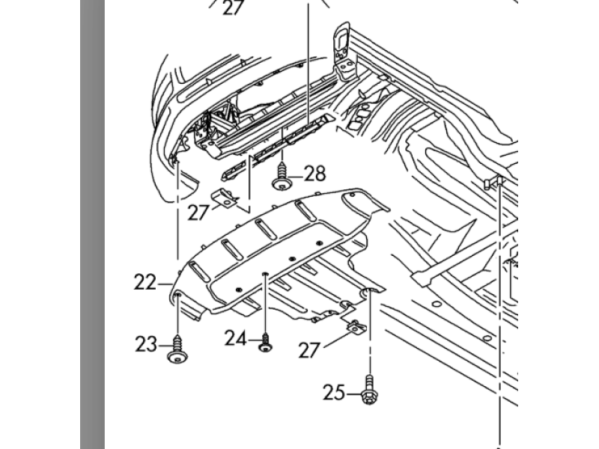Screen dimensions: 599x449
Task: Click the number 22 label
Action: click(145, 283)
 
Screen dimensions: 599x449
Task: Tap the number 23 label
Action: click(146, 344)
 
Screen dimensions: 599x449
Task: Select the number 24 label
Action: click(235, 338)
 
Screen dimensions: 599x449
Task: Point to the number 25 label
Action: click(334, 392)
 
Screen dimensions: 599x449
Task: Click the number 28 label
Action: click(315, 174)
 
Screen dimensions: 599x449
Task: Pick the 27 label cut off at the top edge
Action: click(233, 7)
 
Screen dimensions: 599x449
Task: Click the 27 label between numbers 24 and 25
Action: click(309, 350)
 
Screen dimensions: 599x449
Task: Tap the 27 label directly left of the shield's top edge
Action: click(198, 213)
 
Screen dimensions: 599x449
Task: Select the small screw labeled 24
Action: click(266, 342)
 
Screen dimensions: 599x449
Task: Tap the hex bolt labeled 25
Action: click(368, 390)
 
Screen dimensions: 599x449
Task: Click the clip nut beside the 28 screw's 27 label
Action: click(225, 198)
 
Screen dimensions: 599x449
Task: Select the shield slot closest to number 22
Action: click(199, 272)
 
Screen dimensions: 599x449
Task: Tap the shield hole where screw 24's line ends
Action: click(264, 274)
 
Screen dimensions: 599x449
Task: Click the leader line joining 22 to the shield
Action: click(165, 284)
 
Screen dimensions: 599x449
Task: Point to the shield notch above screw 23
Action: click(177, 295)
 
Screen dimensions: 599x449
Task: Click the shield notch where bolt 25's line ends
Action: click(369, 292)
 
